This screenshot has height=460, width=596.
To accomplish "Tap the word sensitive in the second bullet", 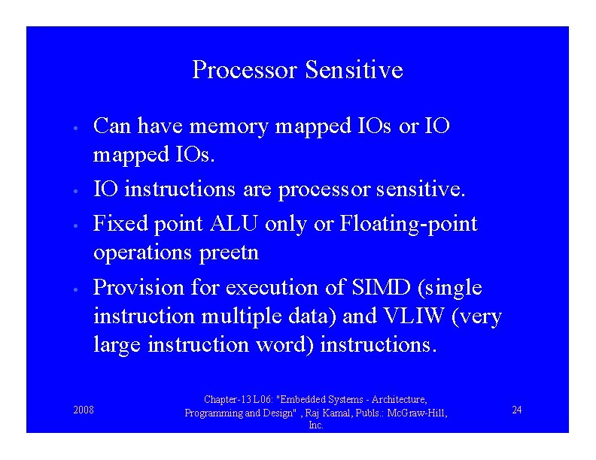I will point(421,191).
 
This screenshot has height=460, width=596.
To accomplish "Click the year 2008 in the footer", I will point(84,410).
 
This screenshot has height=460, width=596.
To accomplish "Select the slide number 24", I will point(517,410).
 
